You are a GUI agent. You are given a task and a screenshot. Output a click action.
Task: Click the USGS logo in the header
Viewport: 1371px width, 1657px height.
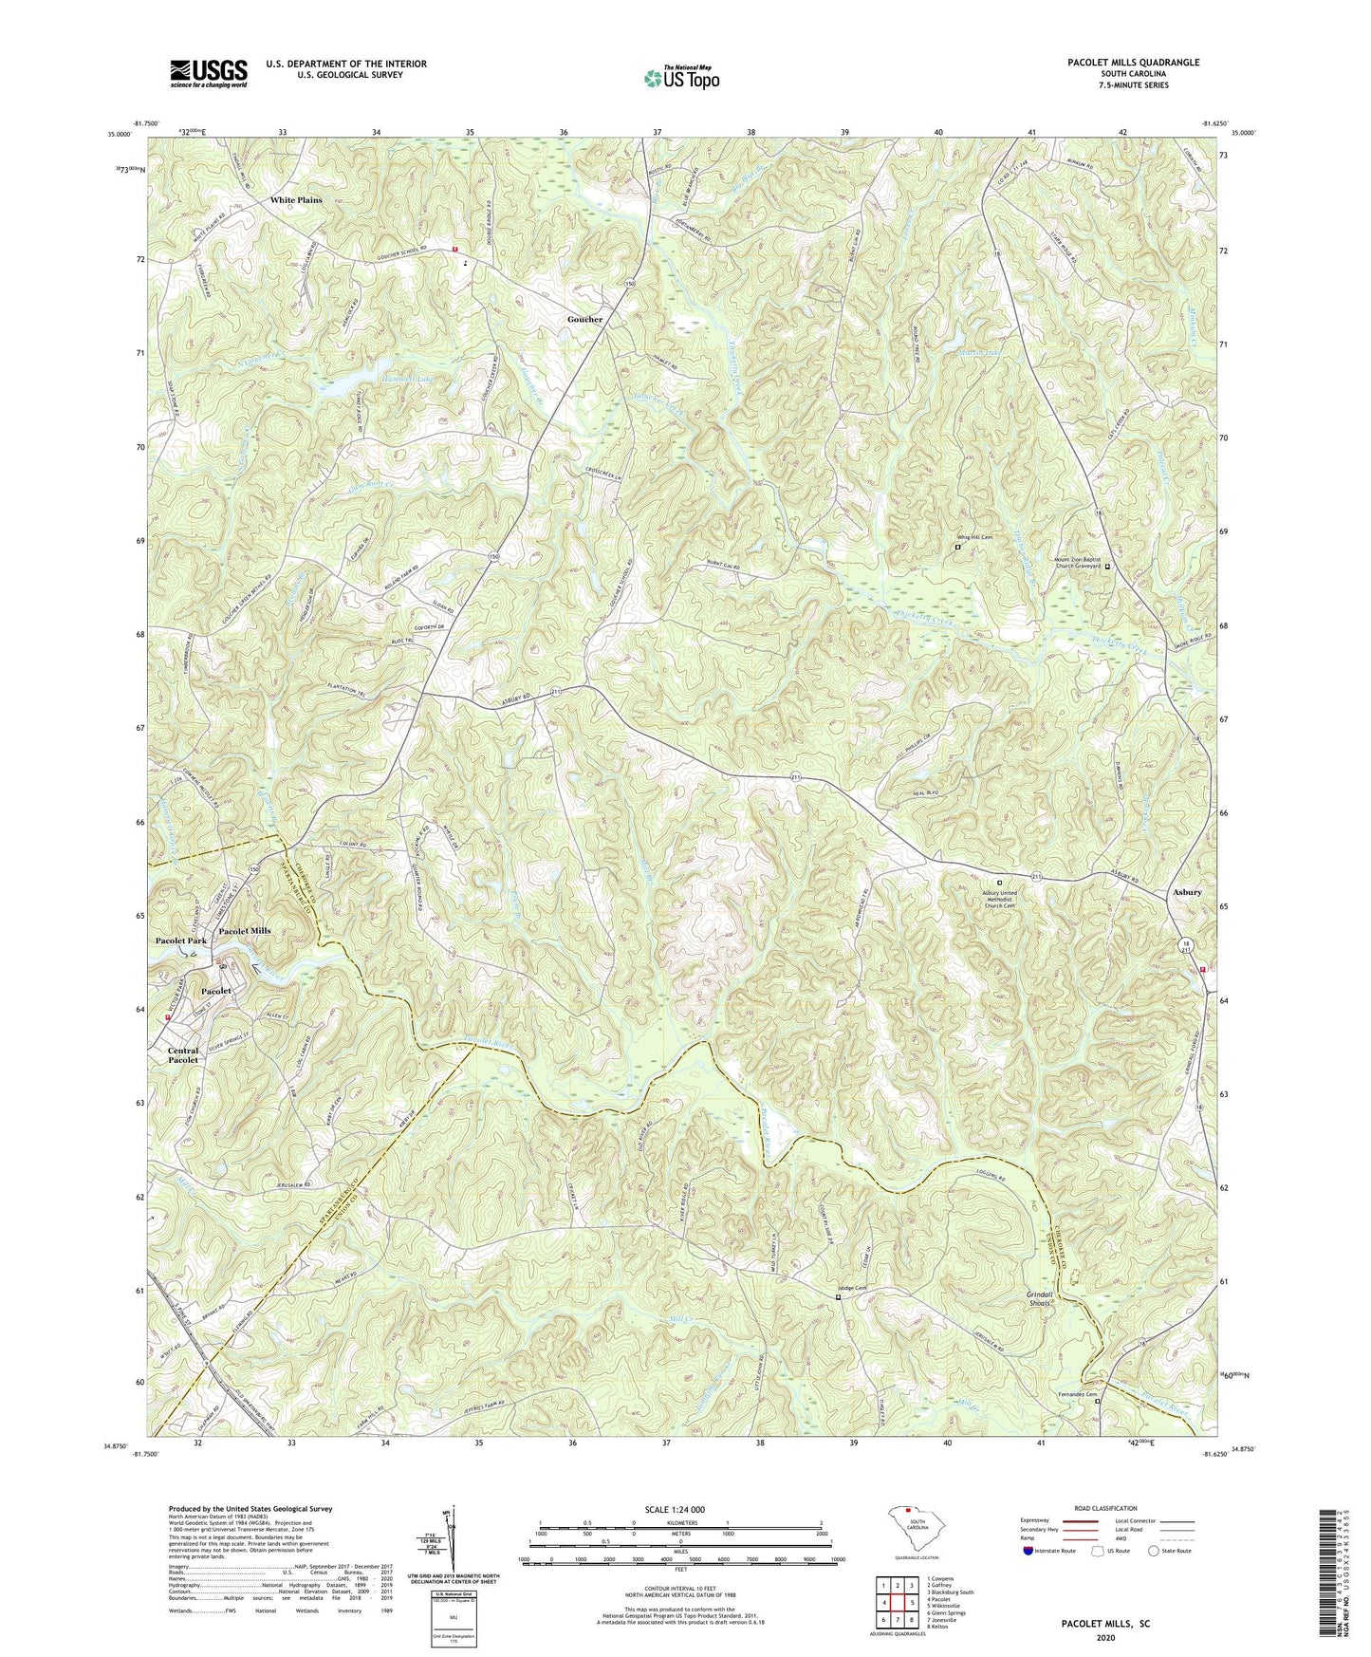tap(208, 72)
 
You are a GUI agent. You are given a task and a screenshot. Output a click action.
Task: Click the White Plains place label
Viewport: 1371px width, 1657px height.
tap(296, 200)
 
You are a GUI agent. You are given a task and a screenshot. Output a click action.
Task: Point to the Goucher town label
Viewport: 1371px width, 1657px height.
tap(584, 319)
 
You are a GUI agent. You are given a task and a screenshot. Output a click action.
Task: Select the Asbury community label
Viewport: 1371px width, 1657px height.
tap(1185, 892)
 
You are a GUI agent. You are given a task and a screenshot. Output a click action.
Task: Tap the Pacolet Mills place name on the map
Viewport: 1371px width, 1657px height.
tap(245, 931)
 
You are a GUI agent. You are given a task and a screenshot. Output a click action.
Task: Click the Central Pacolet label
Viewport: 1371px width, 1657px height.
tap(183, 1055)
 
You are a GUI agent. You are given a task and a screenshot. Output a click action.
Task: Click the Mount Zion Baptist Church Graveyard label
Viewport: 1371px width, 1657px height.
tap(1078, 563)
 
